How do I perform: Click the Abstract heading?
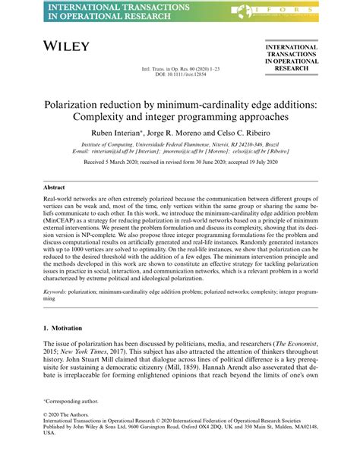(x=54, y=186)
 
